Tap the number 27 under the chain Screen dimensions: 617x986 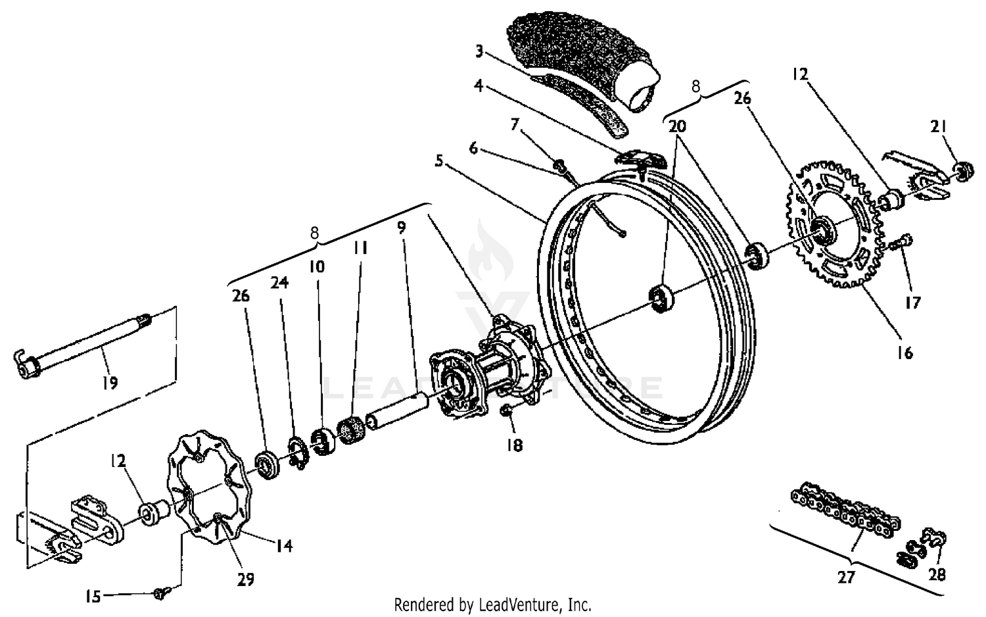coord(846,577)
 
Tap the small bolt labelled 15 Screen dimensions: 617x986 coord(160,593)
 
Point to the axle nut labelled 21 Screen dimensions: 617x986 coord(960,172)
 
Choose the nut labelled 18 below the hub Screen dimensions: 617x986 coord(507,411)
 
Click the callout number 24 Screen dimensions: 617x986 coord(279,282)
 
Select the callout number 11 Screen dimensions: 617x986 coord(360,248)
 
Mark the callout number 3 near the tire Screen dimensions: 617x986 coord(479,50)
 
